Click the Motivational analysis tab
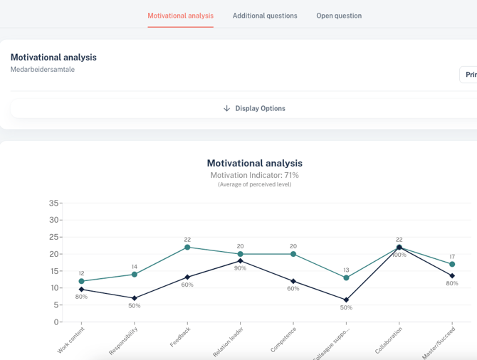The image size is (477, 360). (x=180, y=16)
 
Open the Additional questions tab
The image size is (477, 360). (x=265, y=16)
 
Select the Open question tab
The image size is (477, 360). (x=339, y=16)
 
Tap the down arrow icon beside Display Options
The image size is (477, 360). (x=227, y=108)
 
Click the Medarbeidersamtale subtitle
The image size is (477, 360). (x=43, y=70)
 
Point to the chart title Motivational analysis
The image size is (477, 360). (x=254, y=163)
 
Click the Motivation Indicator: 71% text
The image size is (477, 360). (x=254, y=175)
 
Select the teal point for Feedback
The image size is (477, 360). (x=187, y=247)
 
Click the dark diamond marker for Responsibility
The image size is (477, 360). (x=135, y=298)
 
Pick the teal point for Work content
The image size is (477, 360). (x=82, y=281)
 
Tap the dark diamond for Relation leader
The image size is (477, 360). (x=241, y=261)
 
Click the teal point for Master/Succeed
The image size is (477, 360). (x=452, y=264)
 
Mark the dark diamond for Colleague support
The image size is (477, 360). (x=347, y=300)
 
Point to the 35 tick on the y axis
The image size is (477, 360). (x=54, y=203)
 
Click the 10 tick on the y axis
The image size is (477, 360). (x=54, y=288)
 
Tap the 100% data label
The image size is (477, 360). (x=399, y=255)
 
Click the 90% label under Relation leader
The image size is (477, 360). (x=241, y=268)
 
